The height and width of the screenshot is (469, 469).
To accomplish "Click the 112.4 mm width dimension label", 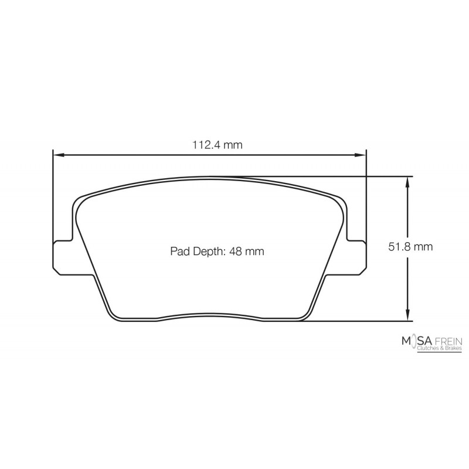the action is click(x=217, y=145).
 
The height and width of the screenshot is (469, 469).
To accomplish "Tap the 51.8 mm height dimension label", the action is click(x=410, y=247).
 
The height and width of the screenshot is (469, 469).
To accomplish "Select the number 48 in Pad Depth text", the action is click(x=236, y=252).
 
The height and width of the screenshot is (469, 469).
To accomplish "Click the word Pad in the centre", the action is click(x=181, y=252).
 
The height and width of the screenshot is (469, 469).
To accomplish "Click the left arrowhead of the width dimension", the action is click(x=59, y=155).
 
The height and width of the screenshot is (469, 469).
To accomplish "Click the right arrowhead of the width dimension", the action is click(x=361, y=155).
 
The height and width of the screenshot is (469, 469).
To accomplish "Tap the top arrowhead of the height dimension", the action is click(x=407, y=182).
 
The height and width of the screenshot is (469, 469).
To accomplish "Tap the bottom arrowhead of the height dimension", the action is click(x=407, y=315).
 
